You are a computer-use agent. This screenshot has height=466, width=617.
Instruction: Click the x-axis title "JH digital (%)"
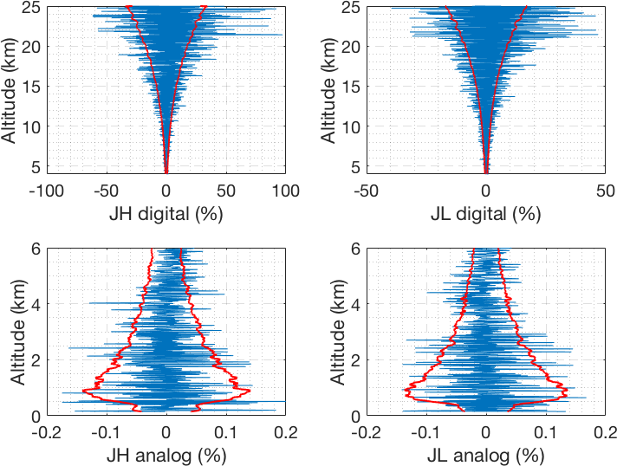click(166, 213)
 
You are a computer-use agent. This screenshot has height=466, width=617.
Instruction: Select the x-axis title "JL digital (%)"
click(486, 213)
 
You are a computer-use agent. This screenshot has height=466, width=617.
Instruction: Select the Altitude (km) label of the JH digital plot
click(10, 88)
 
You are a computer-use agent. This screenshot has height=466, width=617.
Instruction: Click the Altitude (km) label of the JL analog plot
click(330, 332)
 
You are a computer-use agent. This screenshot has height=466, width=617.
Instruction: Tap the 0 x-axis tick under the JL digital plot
click(486, 191)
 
